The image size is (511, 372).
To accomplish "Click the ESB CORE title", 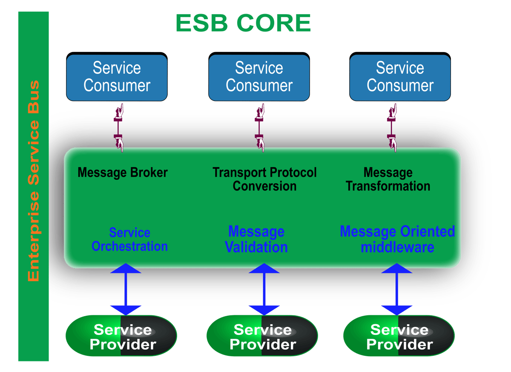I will (x=243, y=23).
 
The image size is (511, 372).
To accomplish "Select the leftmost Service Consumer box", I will (x=117, y=77).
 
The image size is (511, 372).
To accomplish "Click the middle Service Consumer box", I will (x=259, y=77).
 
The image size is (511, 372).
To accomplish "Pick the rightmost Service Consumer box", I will (x=400, y=77).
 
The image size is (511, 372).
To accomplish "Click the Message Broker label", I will (x=123, y=173).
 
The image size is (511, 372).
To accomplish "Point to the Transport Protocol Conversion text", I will (x=264, y=179).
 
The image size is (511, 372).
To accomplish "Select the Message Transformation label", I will (x=388, y=179).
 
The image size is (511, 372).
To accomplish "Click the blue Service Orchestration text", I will (x=129, y=239).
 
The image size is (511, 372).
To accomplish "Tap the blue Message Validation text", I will (x=256, y=239).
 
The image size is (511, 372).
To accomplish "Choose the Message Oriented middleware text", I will (x=397, y=239).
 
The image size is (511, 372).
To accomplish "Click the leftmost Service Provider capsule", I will (x=121, y=336).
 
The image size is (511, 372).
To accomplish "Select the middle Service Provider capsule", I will (x=262, y=336).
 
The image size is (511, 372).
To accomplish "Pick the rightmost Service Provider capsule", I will (x=398, y=336).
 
